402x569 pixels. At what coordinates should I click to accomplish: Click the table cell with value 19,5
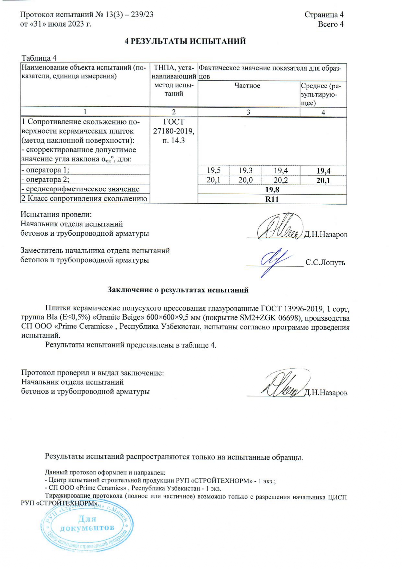point(214,171)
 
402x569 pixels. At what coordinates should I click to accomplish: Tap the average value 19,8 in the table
point(272,190)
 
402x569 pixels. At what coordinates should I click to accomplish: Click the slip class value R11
point(272,199)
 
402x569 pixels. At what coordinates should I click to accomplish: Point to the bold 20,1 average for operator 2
point(323,181)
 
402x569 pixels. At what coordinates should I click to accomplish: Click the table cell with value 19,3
point(245,171)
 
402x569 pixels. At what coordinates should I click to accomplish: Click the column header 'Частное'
point(247,86)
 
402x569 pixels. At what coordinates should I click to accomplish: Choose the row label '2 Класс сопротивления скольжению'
point(84,199)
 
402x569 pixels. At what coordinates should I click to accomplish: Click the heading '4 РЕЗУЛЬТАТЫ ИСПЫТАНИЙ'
point(185,41)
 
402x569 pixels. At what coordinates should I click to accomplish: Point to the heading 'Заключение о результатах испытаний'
point(178,290)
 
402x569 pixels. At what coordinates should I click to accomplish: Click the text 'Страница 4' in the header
point(324,15)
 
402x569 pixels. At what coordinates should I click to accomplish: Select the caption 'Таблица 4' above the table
point(39,58)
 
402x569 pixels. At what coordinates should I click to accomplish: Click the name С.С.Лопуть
point(325,263)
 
